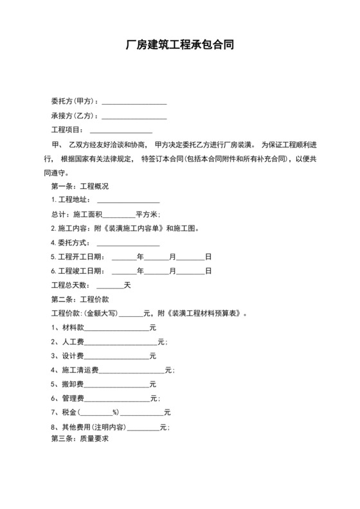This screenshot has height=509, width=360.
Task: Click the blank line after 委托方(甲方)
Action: click(x=134, y=102)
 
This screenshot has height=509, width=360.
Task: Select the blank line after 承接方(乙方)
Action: click(x=134, y=116)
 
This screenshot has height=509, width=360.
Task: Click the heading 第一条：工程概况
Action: click(x=80, y=186)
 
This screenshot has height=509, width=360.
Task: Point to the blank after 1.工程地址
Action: click(x=128, y=201)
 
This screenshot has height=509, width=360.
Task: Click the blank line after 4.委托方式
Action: click(x=128, y=243)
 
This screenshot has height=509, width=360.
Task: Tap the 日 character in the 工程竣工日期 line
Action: click(x=208, y=271)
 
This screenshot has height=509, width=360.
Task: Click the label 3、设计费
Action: click(x=68, y=356)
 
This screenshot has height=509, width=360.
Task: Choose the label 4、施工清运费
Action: click(x=75, y=370)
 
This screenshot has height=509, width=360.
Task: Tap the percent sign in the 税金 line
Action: click(x=115, y=413)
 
